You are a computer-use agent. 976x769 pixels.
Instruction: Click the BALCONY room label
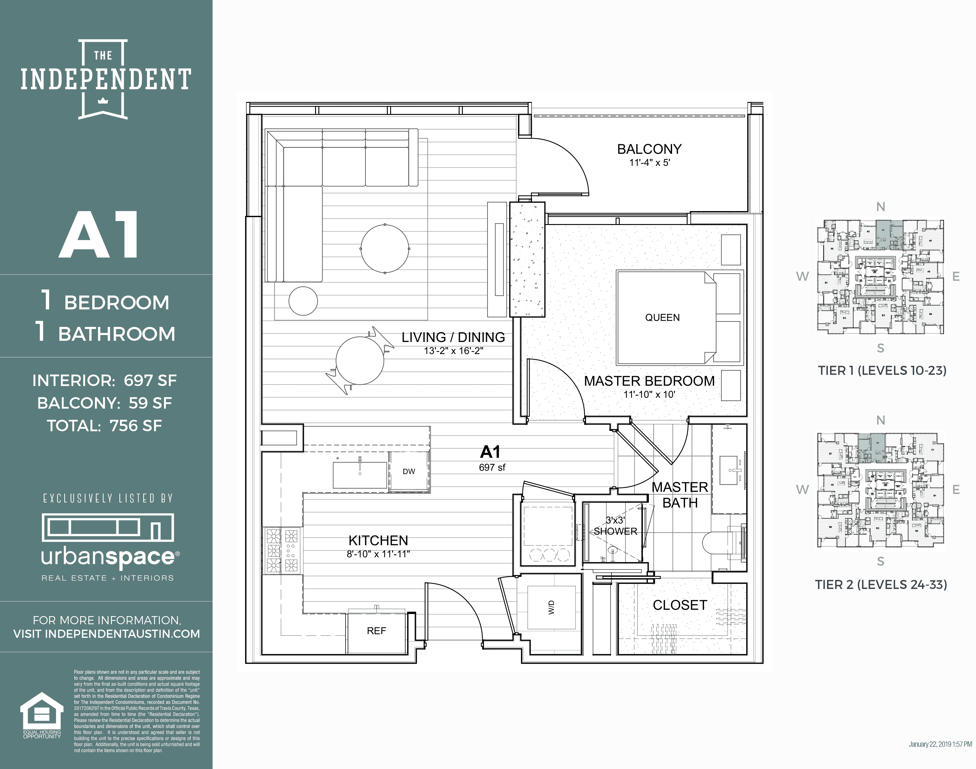649,149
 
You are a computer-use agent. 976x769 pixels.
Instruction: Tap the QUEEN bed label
662,318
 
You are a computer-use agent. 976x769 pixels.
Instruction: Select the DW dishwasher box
409,471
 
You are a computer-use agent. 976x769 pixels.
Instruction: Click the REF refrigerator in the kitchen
376,631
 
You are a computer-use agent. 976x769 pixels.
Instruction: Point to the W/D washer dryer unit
551,607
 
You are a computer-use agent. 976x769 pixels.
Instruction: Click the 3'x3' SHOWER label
615,526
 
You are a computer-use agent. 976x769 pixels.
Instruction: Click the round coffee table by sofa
385,248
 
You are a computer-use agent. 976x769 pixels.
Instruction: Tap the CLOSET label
680,605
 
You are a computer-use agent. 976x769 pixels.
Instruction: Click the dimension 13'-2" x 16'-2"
453,351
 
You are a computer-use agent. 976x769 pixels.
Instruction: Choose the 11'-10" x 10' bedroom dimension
649,394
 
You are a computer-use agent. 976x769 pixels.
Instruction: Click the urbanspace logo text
108,557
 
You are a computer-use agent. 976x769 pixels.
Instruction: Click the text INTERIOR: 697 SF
104,381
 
